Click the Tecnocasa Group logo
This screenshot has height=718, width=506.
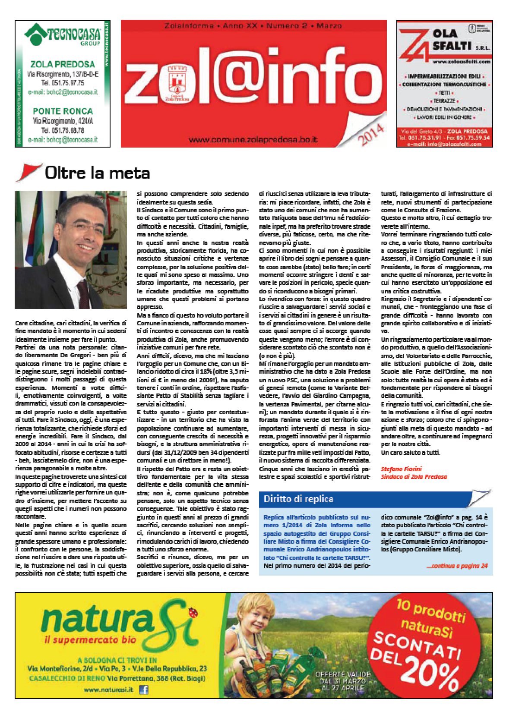point(62,35)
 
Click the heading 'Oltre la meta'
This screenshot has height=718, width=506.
point(97,173)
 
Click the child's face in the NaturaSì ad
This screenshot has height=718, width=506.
point(264,621)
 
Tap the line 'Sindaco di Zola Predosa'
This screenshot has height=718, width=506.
point(414,477)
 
